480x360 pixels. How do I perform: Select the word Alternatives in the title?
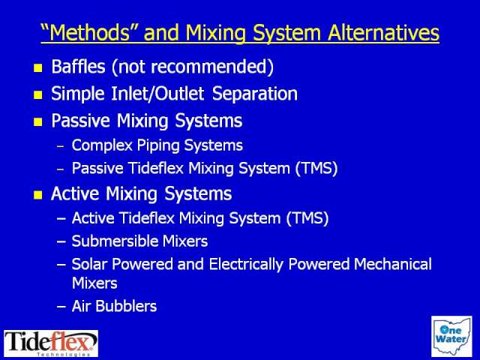383,32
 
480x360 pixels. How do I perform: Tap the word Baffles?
78,67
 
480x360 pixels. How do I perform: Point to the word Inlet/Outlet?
157,94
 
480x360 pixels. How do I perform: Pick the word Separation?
255,94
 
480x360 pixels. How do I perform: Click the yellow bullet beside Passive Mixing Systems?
38,122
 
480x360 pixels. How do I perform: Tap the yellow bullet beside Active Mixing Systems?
38,195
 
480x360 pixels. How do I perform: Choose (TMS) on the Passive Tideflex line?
316,168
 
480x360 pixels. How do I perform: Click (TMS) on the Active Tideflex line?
307,218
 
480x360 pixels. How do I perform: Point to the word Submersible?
115,241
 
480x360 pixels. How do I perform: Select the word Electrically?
246,265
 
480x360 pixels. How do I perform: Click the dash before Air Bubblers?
61,307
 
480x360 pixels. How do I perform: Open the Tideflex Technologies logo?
51,343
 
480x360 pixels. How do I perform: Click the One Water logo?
451,337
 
